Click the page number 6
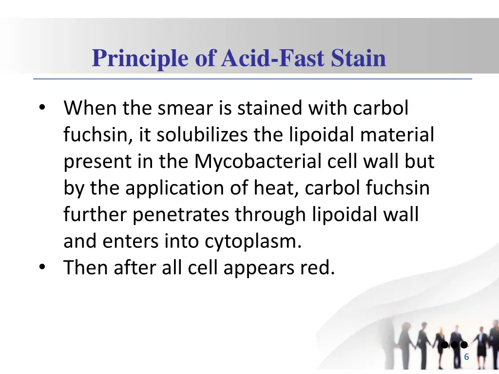pyautogui.click(x=466, y=357)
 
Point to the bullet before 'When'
pyautogui.click(x=43, y=108)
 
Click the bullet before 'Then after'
pyautogui.click(x=43, y=267)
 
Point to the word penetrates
pyautogui.click(x=181, y=214)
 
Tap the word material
pyautogui.click(x=397, y=135)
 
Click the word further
pyautogui.click(x=96, y=214)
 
